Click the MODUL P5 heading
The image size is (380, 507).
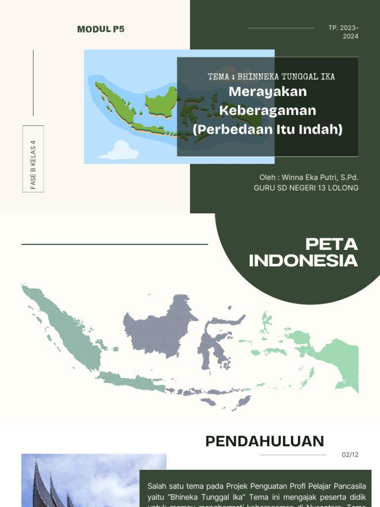[x=101, y=29]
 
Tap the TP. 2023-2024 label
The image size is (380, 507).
[x=343, y=32]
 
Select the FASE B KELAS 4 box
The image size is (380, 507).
[x=33, y=159]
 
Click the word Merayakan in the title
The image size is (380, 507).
[x=268, y=92]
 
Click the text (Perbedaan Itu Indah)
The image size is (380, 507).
[x=268, y=129]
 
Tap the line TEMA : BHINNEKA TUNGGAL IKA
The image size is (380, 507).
[x=271, y=76]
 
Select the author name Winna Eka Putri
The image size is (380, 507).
[x=308, y=177]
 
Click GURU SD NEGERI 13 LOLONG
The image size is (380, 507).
[x=306, y=188]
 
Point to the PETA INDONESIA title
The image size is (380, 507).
[x=303, y=252]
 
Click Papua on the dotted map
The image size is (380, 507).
[x=336, y=356]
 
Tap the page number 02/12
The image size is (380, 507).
[x=350, y=455]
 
